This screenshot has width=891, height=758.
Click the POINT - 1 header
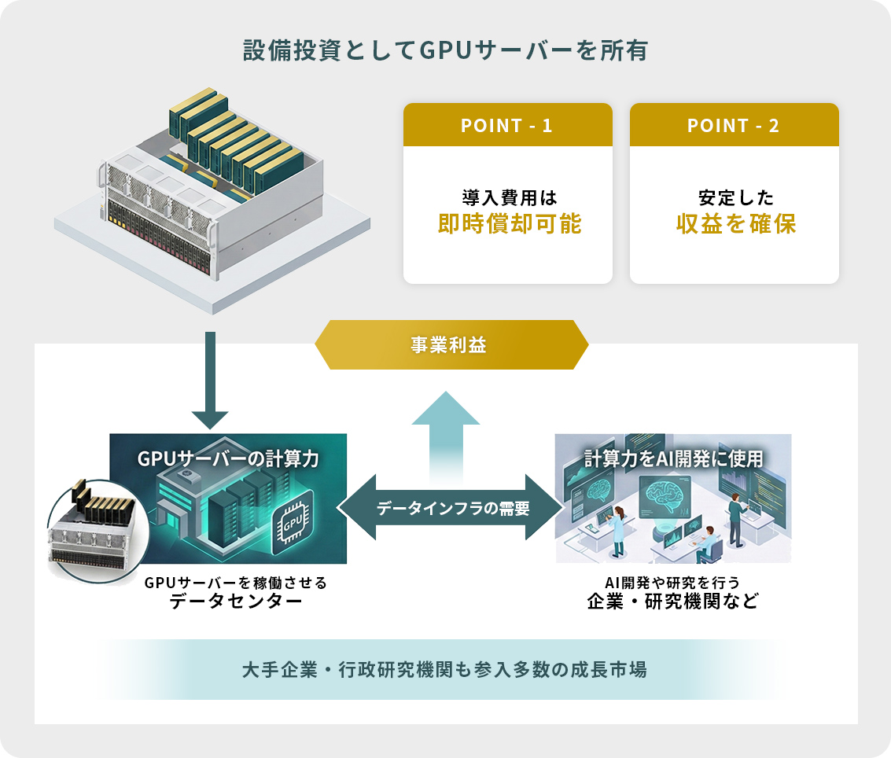[x=507, y=126]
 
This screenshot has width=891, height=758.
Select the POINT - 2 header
[x=734, y=126]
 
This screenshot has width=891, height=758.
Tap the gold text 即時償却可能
[x=509, y=224]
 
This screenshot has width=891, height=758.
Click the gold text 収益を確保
[x=736, y=224]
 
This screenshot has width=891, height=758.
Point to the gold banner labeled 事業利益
[x=451, y=344]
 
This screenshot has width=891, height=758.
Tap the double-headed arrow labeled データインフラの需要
[x=452, y=508]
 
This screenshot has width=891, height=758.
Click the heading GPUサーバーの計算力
[x=228, y=458]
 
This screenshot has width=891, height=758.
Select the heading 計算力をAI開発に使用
[x=673, y=458]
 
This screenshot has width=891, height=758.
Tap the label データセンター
[x=236, y=603]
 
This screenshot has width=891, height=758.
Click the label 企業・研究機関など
[x=672, y=603]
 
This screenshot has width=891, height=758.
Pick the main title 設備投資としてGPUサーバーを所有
[x=445, y=51]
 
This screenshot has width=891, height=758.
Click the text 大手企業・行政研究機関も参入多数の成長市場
[x=445, y=671]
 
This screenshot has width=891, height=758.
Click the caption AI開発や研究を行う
[x=672, y=583]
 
